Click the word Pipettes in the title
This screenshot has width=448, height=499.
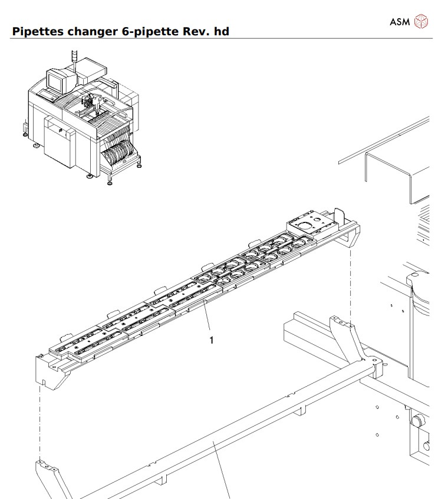(37, 31)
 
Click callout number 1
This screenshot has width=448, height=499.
(212, 340)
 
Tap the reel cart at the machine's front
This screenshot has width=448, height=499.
(121, 155)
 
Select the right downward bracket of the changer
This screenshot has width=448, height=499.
(349, 236)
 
